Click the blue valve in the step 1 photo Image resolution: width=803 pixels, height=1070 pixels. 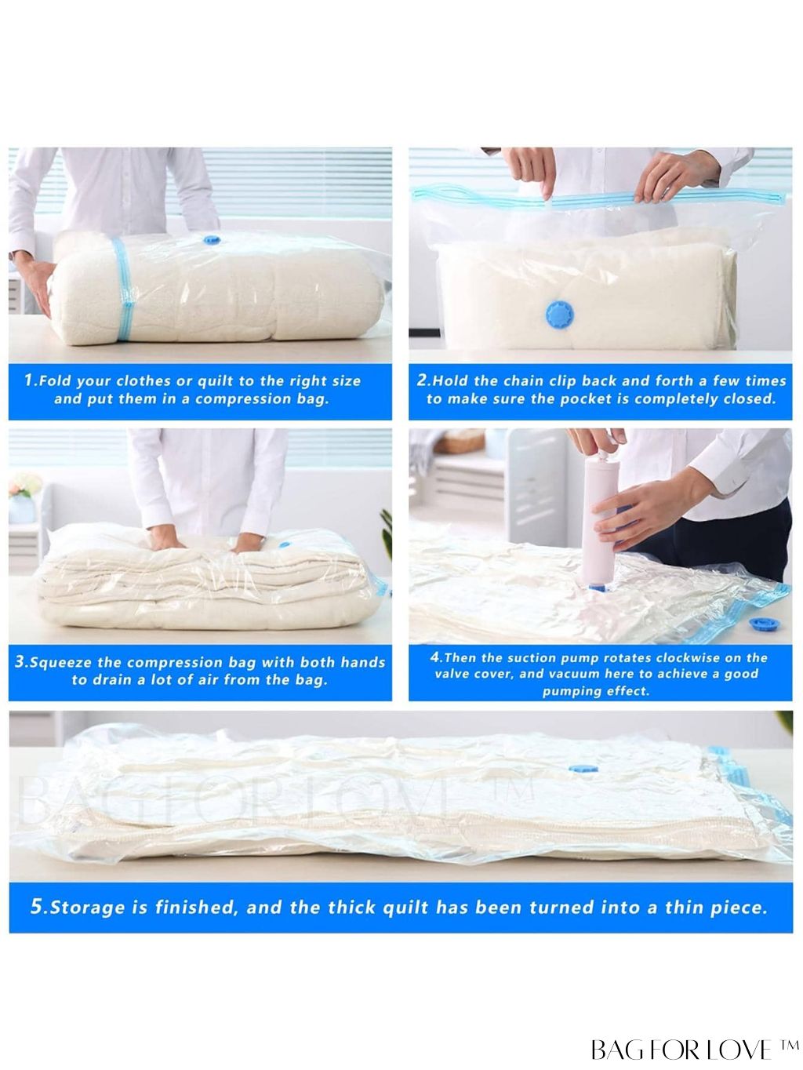pyautogui.click(x=212, y=240)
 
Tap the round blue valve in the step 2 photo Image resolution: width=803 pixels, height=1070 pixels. pyautogui.click(x=559, y=314)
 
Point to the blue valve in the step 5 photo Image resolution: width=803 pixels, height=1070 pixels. pyautogui.click(x=583, y=769)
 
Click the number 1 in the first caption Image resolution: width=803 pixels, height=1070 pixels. pyautogui.click(x=28, y=380)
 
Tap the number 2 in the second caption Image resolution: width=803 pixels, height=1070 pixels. pyautogui.click(x=422, y=380)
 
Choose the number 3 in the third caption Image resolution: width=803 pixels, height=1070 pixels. pyautogui.click(x=20, y=661)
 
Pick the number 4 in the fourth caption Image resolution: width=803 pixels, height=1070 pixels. pyautogui.click(x=435, y=657)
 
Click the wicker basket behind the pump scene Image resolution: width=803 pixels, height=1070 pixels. pyautogui.click(x=460, y=442)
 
